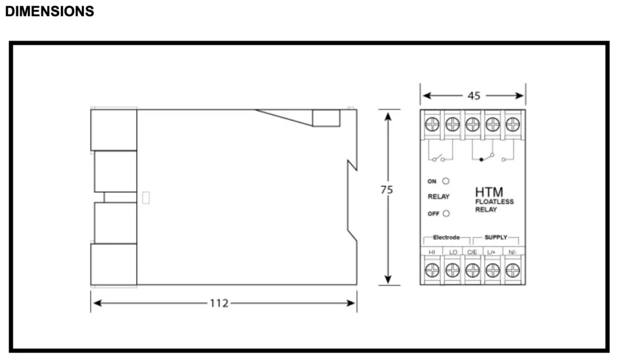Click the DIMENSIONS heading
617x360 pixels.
(x=49, y=11)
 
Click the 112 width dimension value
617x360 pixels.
(x=219, y=303)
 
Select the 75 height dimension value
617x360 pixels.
(x=387, y=190)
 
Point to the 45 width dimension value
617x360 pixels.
(x=474, y=96)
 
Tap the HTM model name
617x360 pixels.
(x=489, y=192)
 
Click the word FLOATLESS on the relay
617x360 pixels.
(x=494, y=201)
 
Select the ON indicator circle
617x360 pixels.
(x=445, y=181)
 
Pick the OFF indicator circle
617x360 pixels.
(x=446, y=213)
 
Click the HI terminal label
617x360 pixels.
(x=432, y=252)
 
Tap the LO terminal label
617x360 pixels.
(x=453, y=252)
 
